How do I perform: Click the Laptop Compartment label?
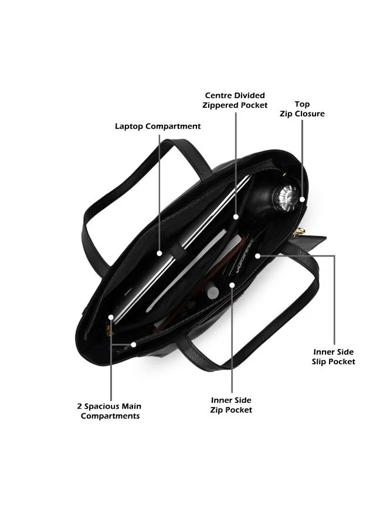coord(158,126)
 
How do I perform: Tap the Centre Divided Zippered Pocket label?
coord(235,100)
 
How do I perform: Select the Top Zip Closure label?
coord(302,109)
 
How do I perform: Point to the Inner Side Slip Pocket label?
coord(333,357)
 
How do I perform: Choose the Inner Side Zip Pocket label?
coord(231,405)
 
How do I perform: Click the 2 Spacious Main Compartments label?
coord(110,411)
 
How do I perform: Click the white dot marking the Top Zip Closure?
coord(302,199)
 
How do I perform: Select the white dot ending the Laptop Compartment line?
coord(159,254)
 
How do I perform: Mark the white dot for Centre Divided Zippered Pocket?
coord(236,217)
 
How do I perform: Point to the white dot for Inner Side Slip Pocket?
coord(257,256)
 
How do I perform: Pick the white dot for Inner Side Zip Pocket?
coord(232,285)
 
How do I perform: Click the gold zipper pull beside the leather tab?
coord(299,232)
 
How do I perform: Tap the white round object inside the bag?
coord(213,292)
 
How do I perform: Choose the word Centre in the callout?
coord(218,95)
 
